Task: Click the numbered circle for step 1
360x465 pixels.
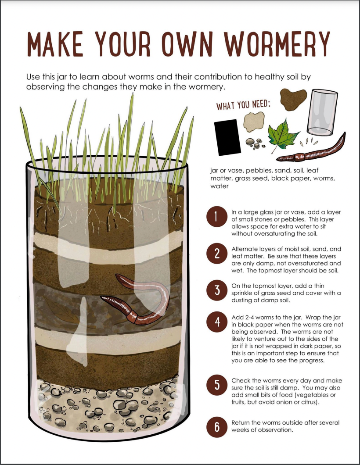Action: click(217, 217)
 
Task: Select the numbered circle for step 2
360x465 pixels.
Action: click(217, 254)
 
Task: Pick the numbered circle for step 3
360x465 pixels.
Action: click(217, 291)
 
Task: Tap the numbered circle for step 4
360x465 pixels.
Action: click(217, 322)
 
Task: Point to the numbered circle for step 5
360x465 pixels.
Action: click(217, 385)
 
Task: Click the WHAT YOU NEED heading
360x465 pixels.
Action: click(243, 106)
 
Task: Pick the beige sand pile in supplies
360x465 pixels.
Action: click(254, 122)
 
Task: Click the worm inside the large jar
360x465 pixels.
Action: click(140, 298)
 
